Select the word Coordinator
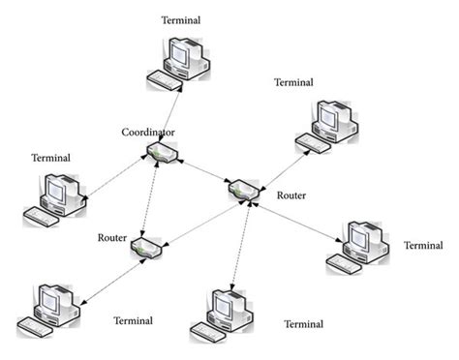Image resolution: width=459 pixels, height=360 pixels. pyautogui.click(x=148, y=131)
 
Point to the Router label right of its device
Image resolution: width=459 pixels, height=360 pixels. pyautogui.click(x=291, y=195)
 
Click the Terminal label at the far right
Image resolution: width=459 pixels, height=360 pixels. pyautogui.click(x=422, y=245)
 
